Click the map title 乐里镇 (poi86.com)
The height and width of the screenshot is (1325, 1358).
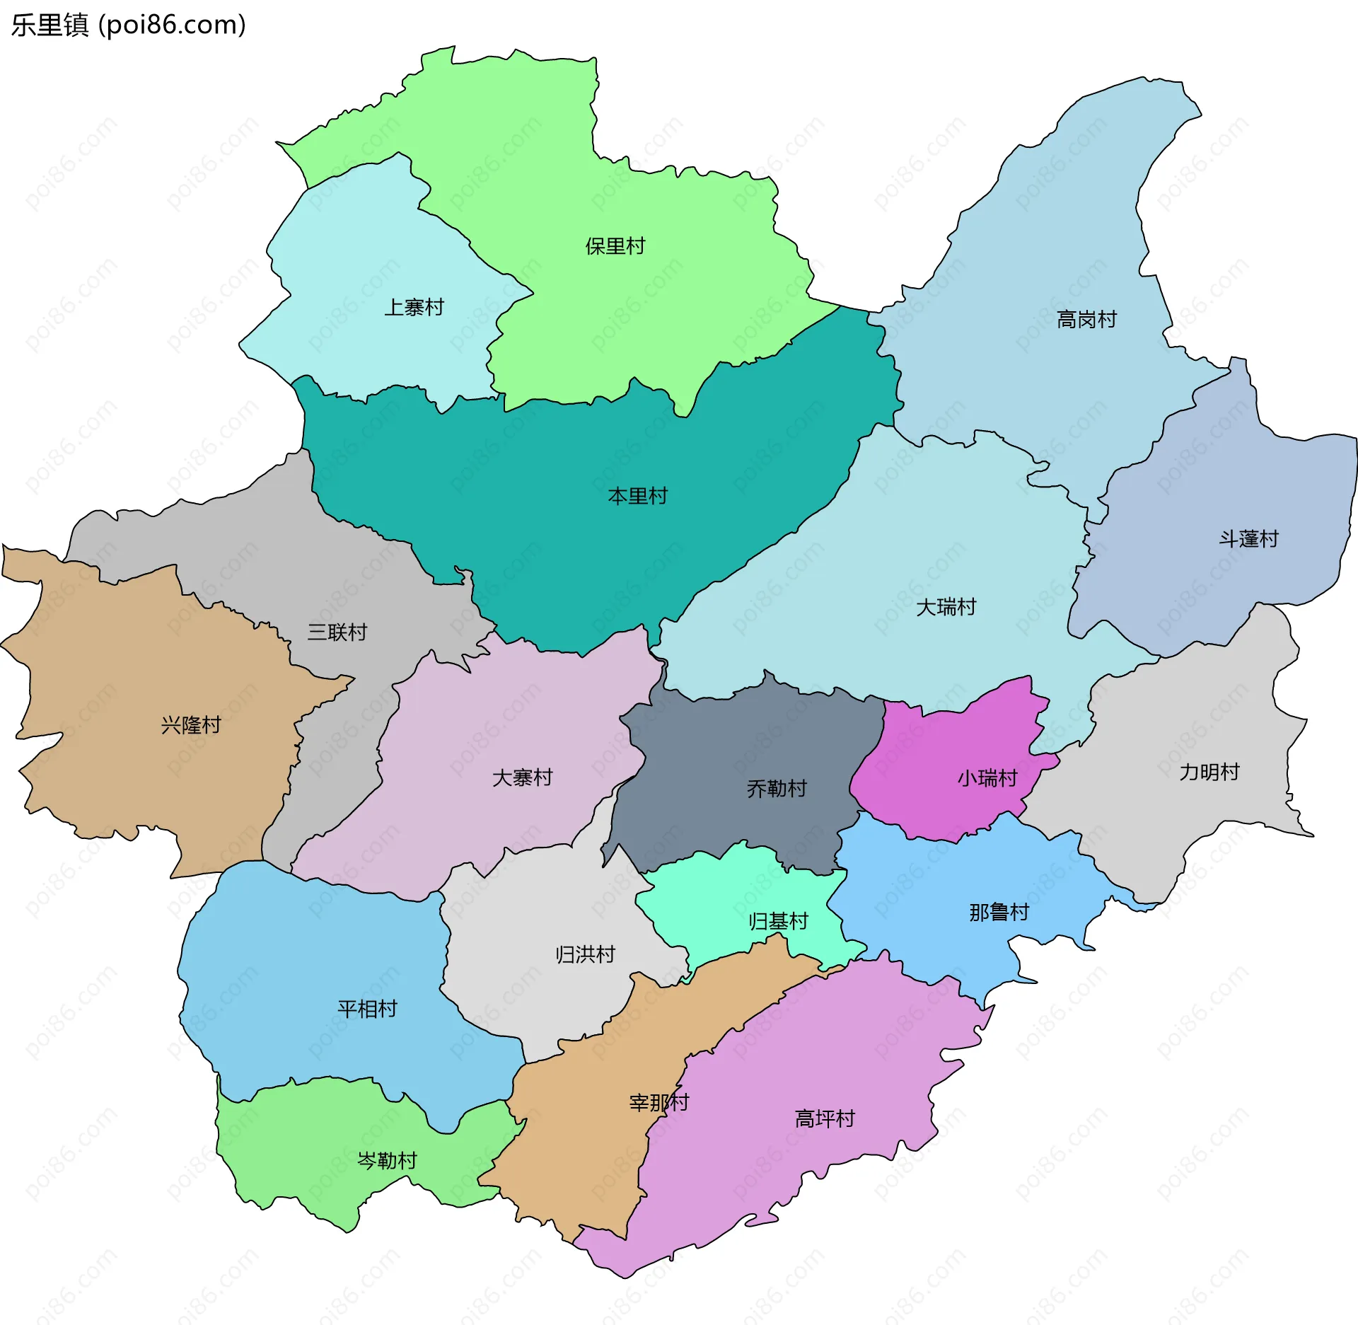tap(129, 25)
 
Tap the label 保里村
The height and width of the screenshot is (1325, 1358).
tap(615, 246)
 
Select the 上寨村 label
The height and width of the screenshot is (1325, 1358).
tap(414, 307)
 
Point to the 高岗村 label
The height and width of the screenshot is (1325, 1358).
tap(1086, 320)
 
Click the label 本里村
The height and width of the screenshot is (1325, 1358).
tap(637, 496)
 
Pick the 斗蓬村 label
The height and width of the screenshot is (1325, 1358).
tap(1248, 539)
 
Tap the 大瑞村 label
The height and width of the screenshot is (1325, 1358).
tap(946, 607)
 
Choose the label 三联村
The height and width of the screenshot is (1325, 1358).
tap(337, 632)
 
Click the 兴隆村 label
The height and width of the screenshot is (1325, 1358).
tap(191, 725)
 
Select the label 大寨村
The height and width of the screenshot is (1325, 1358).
tap(522, 777)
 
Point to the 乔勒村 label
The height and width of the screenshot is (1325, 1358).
tap(777, 788)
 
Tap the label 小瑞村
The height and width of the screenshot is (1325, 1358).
tap(987, 778)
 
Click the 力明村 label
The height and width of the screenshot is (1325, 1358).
tap(1209, 772)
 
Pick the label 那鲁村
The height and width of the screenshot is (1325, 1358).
tap(999, 912)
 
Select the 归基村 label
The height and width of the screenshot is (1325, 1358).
tap(778, 921)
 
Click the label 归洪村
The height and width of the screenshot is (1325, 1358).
tap(585, 954)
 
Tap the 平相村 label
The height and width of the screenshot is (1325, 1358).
tap(367, 1009)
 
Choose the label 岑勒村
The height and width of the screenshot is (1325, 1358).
tap(387, 1161)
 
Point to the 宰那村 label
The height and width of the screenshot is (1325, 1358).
tap(658, 1102)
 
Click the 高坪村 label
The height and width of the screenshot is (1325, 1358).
tap(825, 1118)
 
